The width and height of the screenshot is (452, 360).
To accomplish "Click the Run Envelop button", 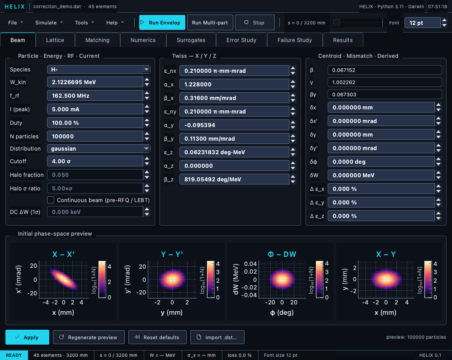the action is point(162,23).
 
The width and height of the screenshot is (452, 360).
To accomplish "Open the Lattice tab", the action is point(55,40).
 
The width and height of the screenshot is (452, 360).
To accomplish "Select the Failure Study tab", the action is point(295,40).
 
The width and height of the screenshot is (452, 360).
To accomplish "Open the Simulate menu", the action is point(49,23).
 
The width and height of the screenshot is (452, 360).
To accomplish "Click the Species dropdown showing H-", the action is point(98,70).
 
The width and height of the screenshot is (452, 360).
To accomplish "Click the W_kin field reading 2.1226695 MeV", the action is point(95,82).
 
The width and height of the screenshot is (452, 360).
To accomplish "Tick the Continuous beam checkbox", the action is point(51,200).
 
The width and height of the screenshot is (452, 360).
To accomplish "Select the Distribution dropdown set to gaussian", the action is point(98,148).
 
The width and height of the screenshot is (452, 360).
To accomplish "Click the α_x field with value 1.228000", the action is point(234,84).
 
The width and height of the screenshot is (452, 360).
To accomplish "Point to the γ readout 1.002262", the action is point(385,82).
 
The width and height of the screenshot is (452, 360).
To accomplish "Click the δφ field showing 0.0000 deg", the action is point(381,162).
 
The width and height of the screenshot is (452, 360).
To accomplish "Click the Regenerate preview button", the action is point(89,337).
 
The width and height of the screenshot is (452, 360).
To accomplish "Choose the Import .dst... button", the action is point(217,337).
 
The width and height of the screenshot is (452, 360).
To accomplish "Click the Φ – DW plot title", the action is point(282,254).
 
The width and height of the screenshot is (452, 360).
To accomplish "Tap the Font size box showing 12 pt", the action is point(422,23).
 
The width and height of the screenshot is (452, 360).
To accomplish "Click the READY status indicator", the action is point(14,355).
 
